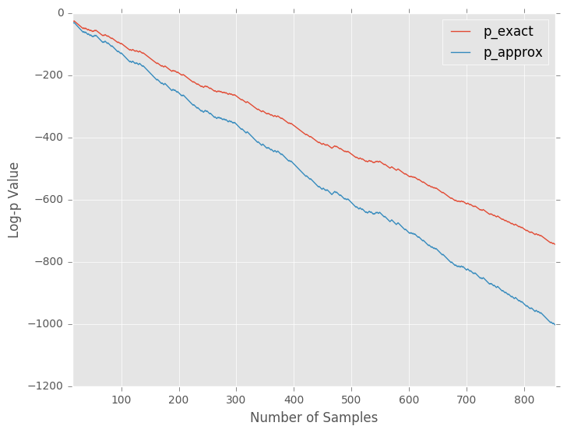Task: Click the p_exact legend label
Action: tap(508, 32)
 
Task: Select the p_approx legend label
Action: tap(512, 53)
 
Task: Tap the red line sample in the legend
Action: tap(460, 32)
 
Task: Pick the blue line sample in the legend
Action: tap(460, 53)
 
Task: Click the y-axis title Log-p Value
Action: tap(14, 200)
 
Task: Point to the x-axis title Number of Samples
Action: tap(313, 417)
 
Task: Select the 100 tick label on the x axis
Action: tap(121, 400)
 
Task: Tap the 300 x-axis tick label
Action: tap(237, 400)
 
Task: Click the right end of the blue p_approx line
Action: tap(555, 324)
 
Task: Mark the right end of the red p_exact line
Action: tap(555, 244)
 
